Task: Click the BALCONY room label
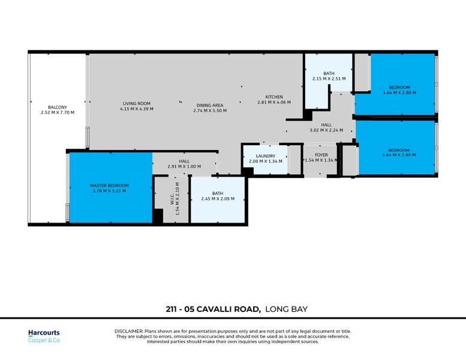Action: pos(58,107)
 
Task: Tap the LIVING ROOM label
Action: pos(137,104)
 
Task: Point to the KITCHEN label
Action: pos(274,97)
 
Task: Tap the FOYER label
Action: pos(321,155)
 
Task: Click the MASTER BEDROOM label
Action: pos(109,186)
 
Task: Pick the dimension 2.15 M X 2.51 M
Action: pos(329,79)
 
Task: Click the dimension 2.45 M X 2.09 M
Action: pos(218,199)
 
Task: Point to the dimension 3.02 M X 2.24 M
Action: pos(326,130)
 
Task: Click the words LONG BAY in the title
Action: pos(286,310)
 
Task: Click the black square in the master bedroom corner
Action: pos(158,217)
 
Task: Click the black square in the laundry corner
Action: pos(247,171)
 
